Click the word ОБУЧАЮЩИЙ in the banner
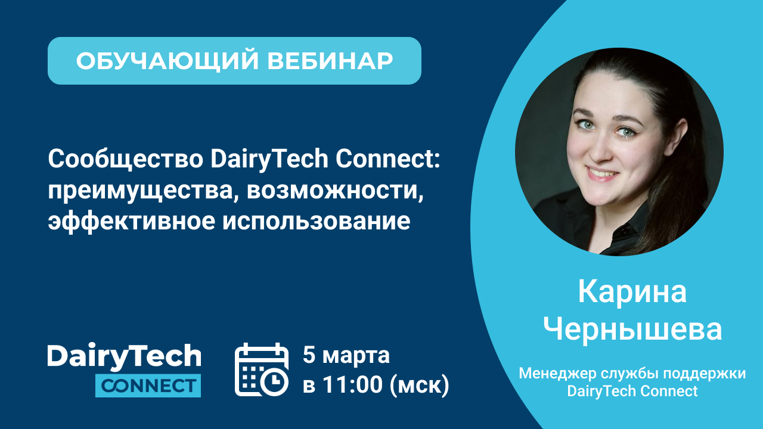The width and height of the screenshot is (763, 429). pos(168,61)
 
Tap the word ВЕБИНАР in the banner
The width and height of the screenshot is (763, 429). pos(330,61)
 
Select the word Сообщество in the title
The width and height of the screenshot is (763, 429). pos(126,159)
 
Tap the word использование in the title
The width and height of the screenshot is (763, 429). pos(317,221)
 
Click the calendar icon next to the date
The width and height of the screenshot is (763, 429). pos(262,369)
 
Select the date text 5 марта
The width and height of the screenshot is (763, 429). pos(346,355)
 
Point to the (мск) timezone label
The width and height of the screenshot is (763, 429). pos(420,386)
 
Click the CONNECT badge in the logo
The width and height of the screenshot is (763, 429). pos(148,386)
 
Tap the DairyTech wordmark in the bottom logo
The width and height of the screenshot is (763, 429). pos(125,356)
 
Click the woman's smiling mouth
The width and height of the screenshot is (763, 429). pos(602,173)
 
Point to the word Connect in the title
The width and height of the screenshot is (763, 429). pos(388,159)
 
